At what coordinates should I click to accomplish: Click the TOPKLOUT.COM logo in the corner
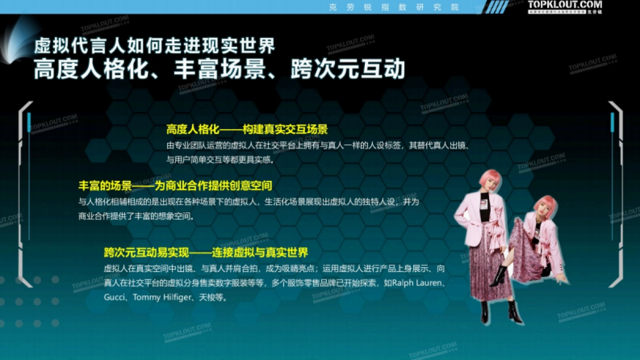click(x=565, y=5)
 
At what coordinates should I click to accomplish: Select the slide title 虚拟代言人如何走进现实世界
click(x=155, y=46)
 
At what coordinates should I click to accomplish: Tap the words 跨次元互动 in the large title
click(x=348, y=70)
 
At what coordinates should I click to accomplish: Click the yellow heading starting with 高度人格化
click(x=246, y=130)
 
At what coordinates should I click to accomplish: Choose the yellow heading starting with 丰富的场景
click(x=175, y=186)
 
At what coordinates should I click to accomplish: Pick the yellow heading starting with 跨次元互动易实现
click(x=206, y=252)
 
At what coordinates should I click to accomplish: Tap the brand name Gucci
click(x=114, y=297)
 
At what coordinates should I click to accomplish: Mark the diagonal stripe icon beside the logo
click(x=499, y=6)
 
